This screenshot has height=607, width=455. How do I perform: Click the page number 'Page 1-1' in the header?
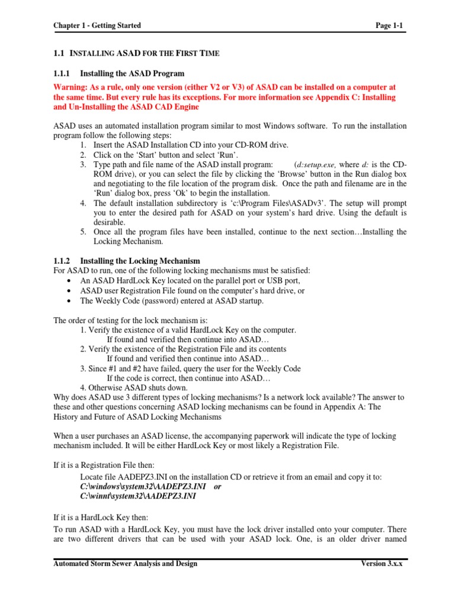pyautogui.click(x=389, y=25)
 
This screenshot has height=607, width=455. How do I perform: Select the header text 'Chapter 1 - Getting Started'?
pyautogui.click(x=97, y=25)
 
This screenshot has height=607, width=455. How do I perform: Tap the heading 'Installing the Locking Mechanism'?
pyautogui.click(x=140, y=261)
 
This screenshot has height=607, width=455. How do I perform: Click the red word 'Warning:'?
pyautogui.click(x=72, y=87)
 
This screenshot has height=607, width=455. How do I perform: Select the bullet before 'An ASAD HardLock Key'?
pyautogui.click(x=71, y=281)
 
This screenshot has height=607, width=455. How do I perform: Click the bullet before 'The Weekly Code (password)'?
pyautogui.click(x=71, y=301)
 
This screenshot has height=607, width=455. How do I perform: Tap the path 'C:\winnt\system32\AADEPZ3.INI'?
pyautogui.click(x=138, y=496)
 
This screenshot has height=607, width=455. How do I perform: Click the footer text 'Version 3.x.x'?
pyautogui.click(x=382, y=563)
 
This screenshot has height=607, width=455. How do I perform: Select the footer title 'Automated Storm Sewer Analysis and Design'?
pyautogui.click(x=126, y=563)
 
